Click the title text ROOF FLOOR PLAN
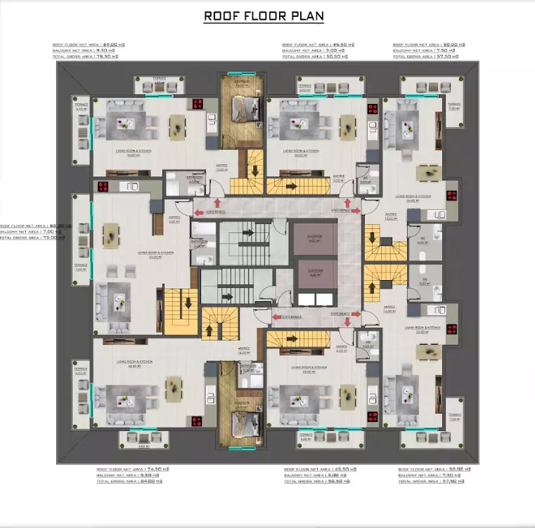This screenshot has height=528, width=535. pos(264,16)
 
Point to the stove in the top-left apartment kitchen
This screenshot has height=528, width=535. pos(198,104)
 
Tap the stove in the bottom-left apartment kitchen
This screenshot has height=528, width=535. pos(198,421)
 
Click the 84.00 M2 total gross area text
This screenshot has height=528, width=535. pos(130,481)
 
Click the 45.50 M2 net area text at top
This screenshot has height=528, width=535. pos(314,44)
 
